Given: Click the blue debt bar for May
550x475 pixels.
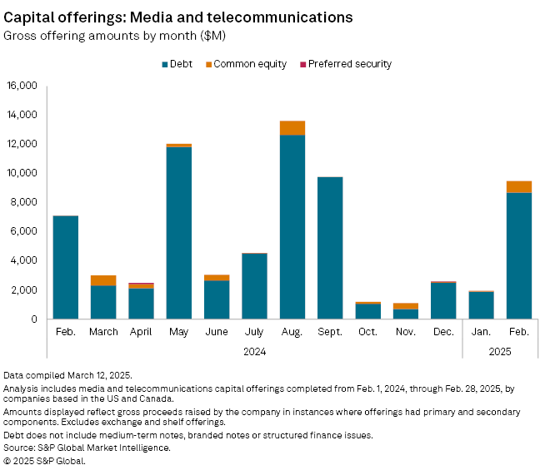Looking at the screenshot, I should click(179, 233).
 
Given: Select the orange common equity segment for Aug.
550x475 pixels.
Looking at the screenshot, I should click(292, 128).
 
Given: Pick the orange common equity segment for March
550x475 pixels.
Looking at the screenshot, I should click(103, 280).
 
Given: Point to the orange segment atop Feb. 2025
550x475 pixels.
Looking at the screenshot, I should click(518, 187).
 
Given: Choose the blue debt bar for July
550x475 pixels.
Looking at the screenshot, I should click(254, 286).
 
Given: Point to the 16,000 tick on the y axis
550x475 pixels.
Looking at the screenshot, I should click(22, 86).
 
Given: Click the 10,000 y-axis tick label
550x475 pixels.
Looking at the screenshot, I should click(22, 173).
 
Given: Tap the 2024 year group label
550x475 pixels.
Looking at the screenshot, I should click(254, 351).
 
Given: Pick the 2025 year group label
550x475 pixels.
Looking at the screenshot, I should click(499, 351).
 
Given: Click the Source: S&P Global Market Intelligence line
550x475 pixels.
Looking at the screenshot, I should click(87, 448).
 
